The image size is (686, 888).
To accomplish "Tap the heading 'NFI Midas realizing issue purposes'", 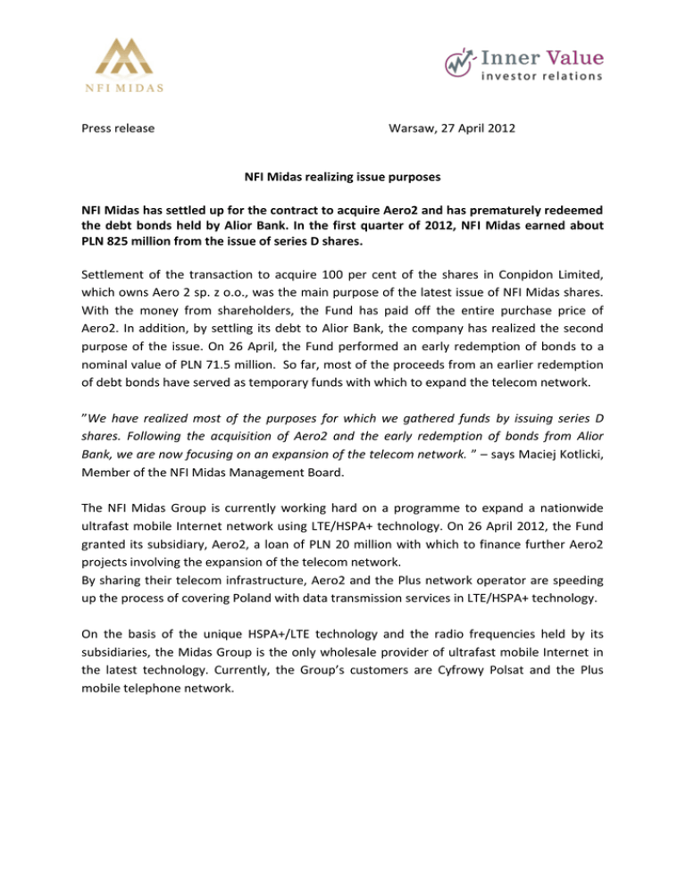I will coord(342,178).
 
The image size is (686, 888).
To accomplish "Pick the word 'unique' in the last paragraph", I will coord(227,602).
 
